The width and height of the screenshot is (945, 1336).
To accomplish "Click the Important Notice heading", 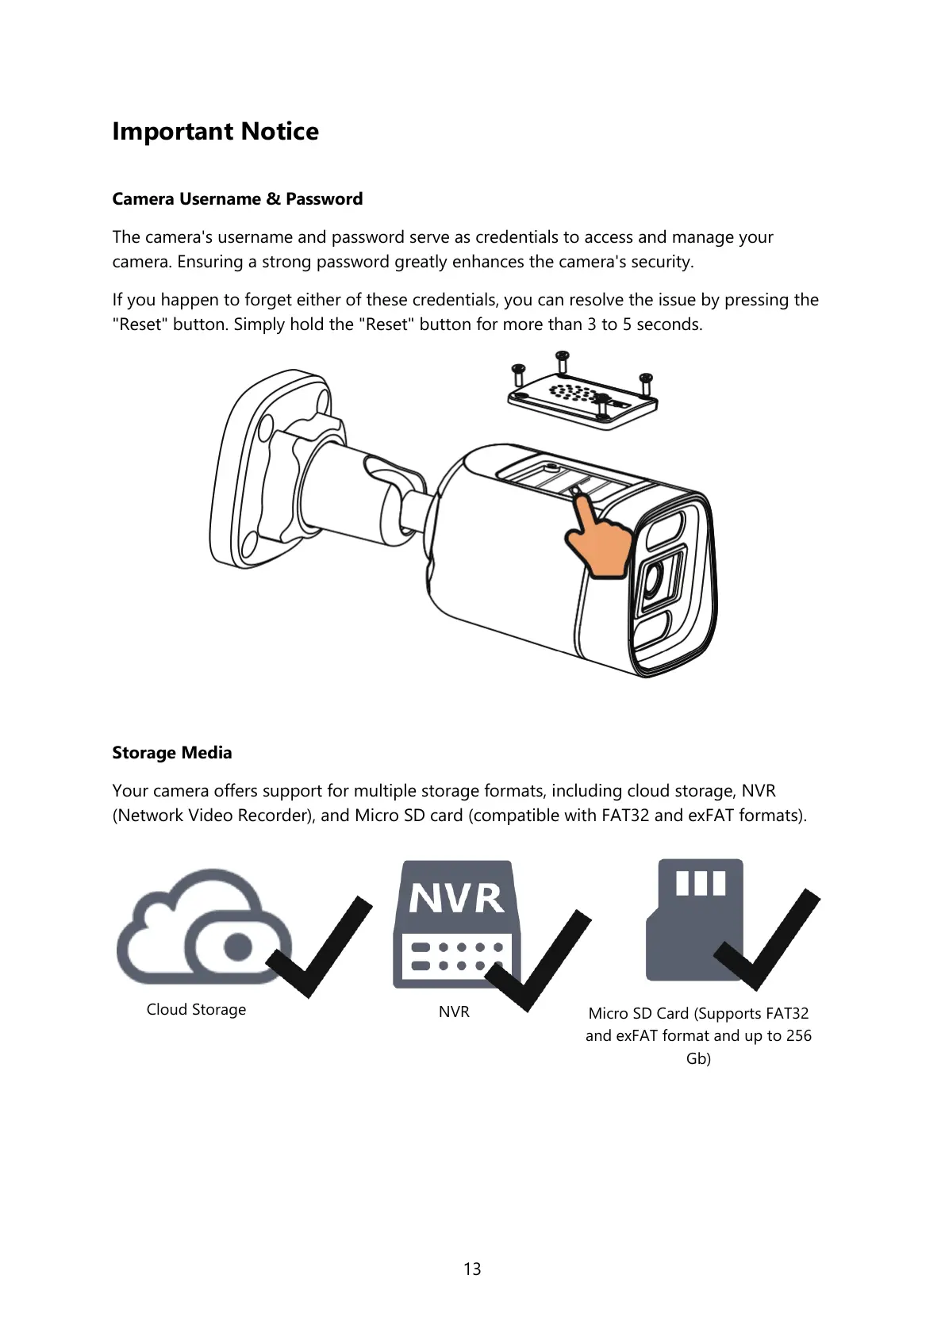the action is tap(215, 131).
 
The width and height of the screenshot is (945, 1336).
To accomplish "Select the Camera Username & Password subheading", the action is tap(237, 198).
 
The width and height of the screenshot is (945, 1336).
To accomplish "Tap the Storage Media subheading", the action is tap(172, 752).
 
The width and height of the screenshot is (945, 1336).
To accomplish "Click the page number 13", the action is tap(472, 1269).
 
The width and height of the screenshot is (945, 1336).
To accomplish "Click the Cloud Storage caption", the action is tap(196, 1009).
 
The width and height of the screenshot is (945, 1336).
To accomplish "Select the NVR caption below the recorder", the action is tap(454, 1012).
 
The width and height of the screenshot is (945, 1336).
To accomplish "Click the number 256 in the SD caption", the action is tap(798, 1035).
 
